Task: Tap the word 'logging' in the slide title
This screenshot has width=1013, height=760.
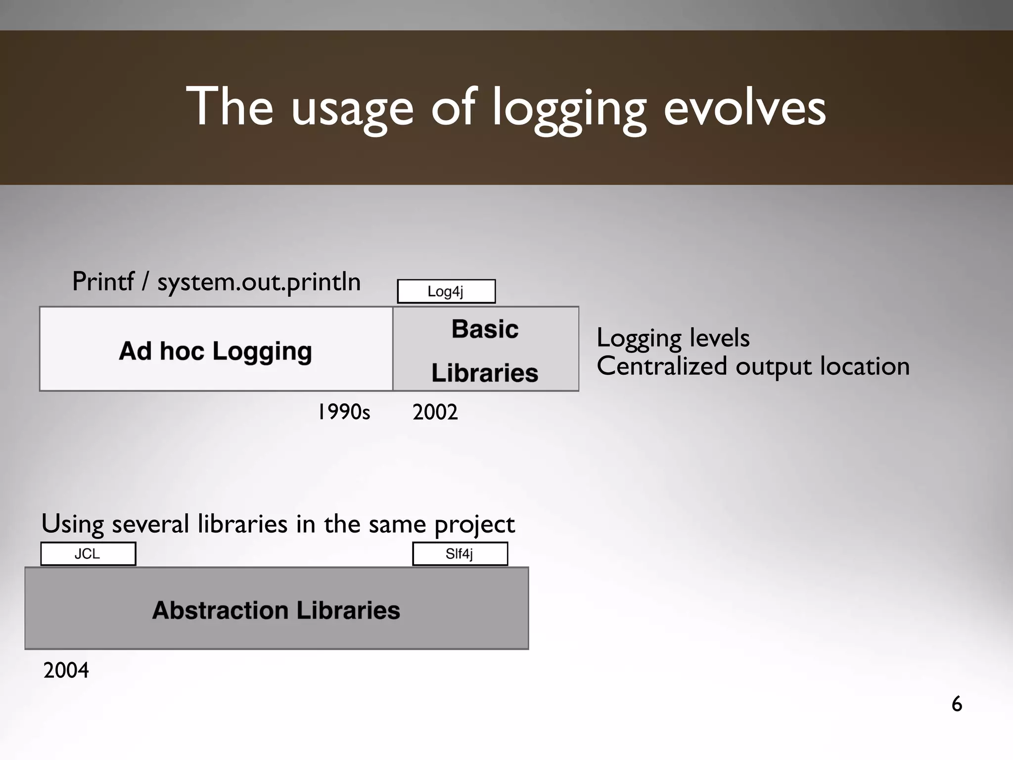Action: point(569,109)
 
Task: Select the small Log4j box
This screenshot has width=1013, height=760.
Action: point(446,291)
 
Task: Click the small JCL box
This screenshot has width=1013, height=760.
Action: point(88,554)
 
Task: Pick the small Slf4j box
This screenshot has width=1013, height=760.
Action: point(460,554)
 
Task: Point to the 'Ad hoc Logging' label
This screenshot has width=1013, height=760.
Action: point(216,351)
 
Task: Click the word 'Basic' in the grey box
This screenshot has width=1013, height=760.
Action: point(485,329)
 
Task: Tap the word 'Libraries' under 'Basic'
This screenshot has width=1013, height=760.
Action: point(485,373)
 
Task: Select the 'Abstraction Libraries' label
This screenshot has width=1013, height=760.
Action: point(276,610)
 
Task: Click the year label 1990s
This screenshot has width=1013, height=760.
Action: point(344,412)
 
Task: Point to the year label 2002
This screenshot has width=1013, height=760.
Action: point(435,412)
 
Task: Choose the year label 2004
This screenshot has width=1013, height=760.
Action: point(66,671)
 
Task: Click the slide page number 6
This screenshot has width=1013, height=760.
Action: point(957,704)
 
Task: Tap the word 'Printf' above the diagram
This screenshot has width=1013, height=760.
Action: point(103,281)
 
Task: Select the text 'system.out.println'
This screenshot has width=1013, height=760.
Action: point(259,282)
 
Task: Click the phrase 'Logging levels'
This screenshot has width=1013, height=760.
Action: point(673,338)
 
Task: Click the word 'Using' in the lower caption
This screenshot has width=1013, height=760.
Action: point(72,524)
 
